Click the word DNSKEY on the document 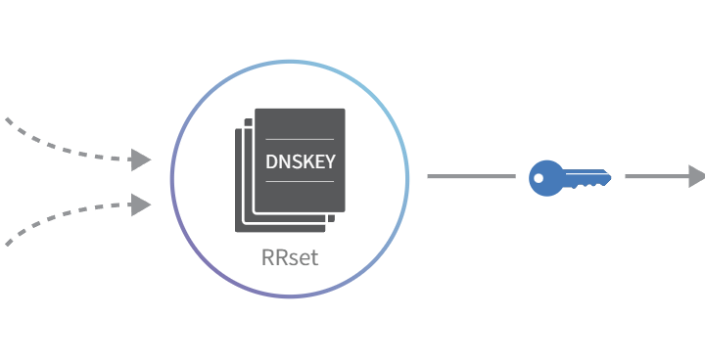pyautogui.click(x=301, y=161)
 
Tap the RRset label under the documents pyautogui.click(x=290, y=257)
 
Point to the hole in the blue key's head pyautogui.click(x=539, y=178)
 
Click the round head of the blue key pyautogui.click(x=545, y=178)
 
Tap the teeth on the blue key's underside pyautogui.click(x=587, y=185)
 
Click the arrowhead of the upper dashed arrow pyautogui.click(x=141, y=159)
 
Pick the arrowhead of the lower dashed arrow pyautogui.click(x=141, y=205)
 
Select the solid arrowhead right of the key pyautogui.click(x=697, y=176)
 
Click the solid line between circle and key pyautogui.click(x=471, y=176)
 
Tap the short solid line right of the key pyautogui.click(x=657, y=176)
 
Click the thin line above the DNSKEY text pyautogui.click(x=300, y=139)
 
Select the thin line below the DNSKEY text pyautogui.click(x=300, y=182)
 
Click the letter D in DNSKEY pyautogui.click(x=271, y=161)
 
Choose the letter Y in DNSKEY pyautogui.click(x=330, y=161)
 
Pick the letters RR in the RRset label pyautogui.click(x=275, y=257)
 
